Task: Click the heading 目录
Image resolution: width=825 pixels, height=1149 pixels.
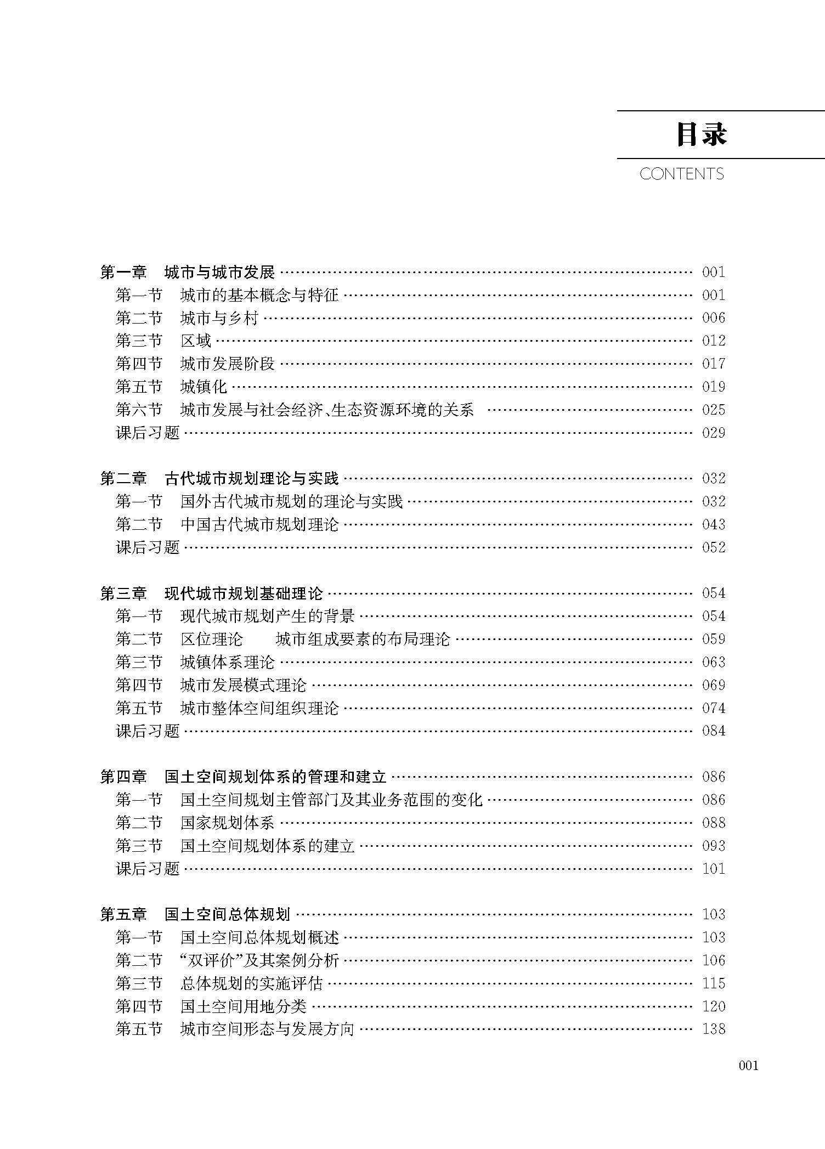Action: (702, 134)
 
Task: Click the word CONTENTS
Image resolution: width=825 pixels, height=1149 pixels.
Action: (681, 174)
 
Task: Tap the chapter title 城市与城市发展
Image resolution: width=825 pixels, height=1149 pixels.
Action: (219, 272)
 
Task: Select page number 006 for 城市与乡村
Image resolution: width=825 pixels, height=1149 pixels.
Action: (713, 318)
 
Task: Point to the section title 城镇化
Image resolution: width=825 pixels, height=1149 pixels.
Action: (204, 387)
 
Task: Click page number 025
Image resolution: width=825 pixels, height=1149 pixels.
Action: (713, 410)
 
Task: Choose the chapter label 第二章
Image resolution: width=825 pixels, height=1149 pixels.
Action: (123, 479)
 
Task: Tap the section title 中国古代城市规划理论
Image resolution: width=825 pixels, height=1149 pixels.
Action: (259, 525)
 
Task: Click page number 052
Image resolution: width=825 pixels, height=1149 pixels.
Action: (713, 547)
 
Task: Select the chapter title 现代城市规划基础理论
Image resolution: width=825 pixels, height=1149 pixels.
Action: (244, 593)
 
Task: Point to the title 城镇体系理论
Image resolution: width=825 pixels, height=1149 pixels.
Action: (227, 663)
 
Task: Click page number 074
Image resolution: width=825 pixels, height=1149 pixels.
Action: (713, 708)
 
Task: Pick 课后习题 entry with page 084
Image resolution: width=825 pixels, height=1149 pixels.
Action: (148, 731)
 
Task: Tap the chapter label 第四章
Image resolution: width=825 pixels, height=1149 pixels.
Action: (123, 777)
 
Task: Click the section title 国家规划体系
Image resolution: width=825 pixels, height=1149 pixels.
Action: (227, 823)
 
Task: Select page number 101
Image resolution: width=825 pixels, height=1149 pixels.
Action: (713, 869)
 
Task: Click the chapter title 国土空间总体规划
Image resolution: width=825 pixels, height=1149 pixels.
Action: (227, 915)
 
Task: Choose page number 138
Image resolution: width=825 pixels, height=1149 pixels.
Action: (713, 1029)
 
